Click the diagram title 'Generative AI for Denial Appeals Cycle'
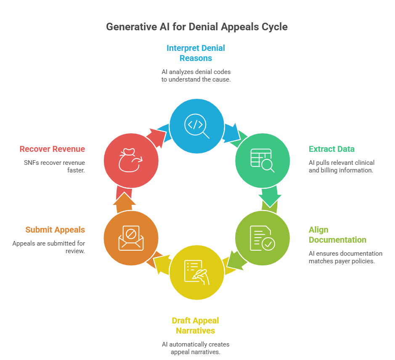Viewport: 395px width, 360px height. click(x=197, y=27)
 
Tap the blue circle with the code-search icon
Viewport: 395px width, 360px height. click(x=196, y=125)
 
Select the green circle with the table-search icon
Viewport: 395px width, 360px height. click(x=262, y=160)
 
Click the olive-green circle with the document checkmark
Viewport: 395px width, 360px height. click(x=262, y=238)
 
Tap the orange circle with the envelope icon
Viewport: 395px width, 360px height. click(x=131, y=238)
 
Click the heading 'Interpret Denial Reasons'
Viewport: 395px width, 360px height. click(x=196, y=53)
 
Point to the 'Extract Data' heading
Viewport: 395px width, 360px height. click(x=331, y=149)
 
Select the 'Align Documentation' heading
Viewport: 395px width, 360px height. click(x=337, y=235)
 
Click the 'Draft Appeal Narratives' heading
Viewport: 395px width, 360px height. click(x=196, y=326)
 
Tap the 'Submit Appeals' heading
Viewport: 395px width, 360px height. click(x=55, y=230)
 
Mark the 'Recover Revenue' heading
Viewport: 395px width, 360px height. click(x=52, y=149)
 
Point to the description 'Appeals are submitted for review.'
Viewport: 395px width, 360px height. click(x=49, y=247)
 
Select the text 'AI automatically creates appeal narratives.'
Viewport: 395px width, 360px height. click(x=196, y=348)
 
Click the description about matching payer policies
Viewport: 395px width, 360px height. click(x=345, y=257)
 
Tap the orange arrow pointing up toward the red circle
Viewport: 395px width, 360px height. click(x=124, y=201)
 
